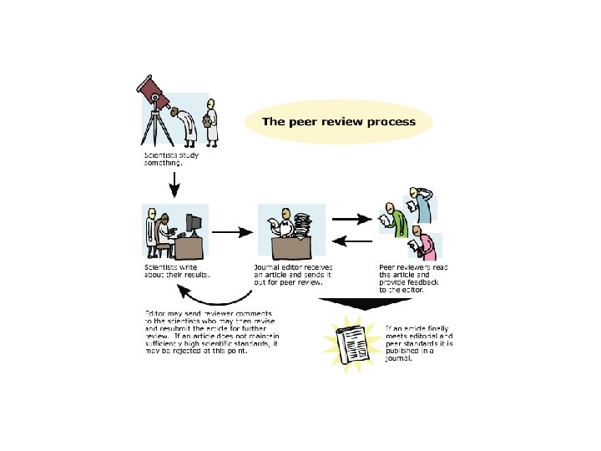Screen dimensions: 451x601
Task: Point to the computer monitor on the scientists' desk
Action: point(193,225)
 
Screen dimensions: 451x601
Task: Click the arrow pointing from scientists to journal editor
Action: point(235,231)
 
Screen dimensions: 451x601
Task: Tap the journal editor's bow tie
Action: point(285,223)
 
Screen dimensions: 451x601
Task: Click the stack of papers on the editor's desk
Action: point(301,225)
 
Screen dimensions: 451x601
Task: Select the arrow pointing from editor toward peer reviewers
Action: point(351,220)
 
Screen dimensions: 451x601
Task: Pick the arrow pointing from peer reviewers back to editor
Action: point(351,242)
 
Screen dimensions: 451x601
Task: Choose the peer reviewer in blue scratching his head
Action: point(423,209)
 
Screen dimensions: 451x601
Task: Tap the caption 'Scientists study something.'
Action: point(163,160)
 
